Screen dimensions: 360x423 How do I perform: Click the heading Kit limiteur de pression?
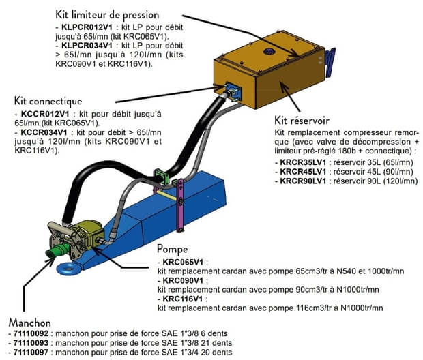tap(117, 14)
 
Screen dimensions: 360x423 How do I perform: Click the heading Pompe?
tap(172, 249)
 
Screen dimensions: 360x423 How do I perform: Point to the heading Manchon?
tap(31, 321)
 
